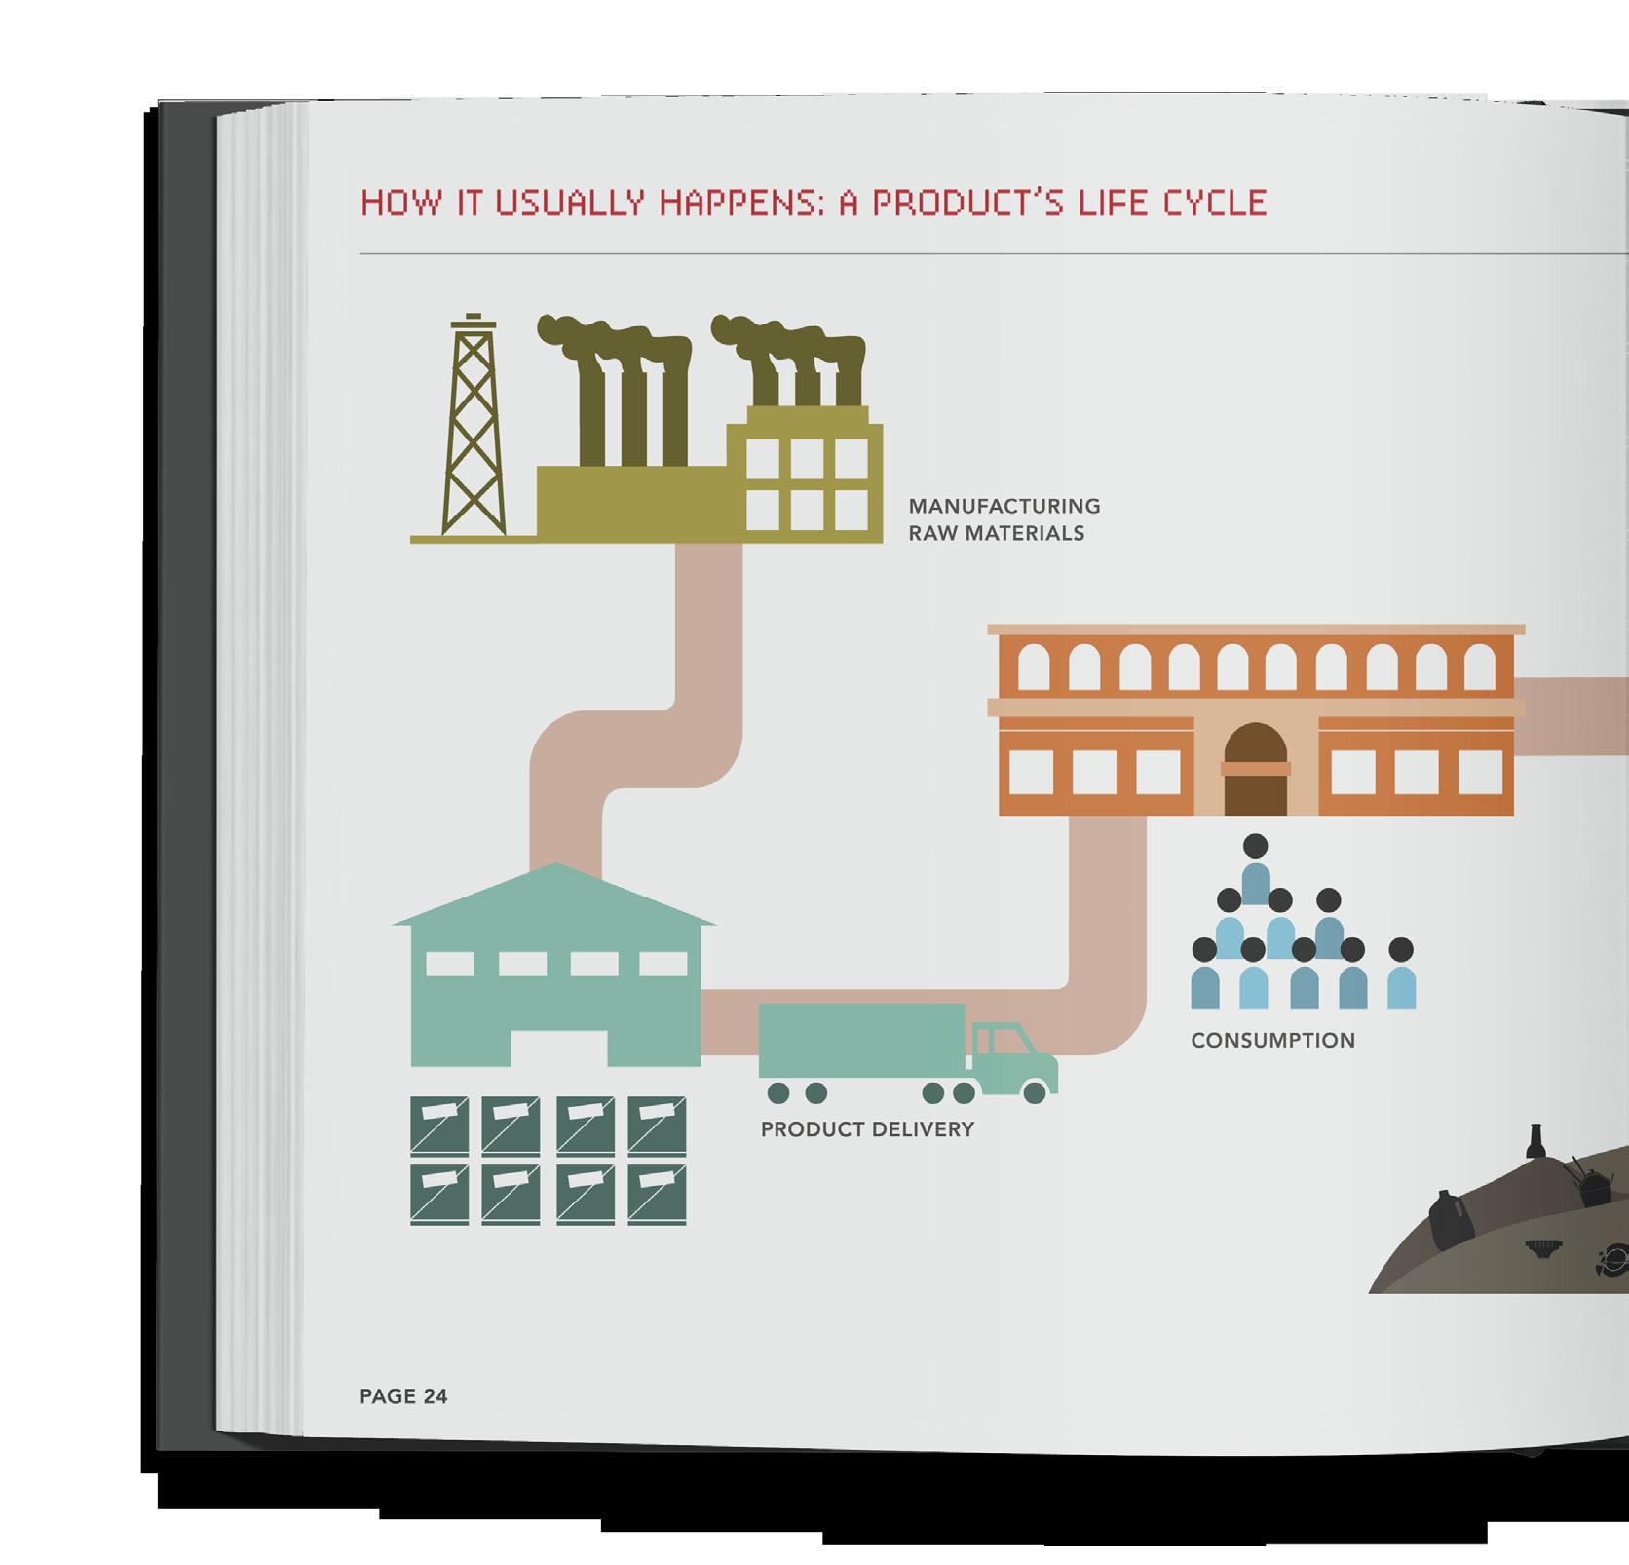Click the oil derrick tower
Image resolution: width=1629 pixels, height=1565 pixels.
(474, 429)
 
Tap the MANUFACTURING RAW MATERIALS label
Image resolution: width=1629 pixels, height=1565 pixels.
(1004, 519)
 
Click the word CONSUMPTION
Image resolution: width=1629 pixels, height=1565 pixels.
(1272, 1041)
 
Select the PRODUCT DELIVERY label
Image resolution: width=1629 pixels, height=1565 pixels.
(867, 1129)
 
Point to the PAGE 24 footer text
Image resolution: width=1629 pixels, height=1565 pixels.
(403, 1396)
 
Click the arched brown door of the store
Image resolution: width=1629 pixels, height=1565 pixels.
(1255, 770)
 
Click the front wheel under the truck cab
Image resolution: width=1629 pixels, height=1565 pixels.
(1035, 1093)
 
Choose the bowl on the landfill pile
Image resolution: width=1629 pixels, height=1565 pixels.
(1542, 1246)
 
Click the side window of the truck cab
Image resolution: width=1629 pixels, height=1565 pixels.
(998, 1041)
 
